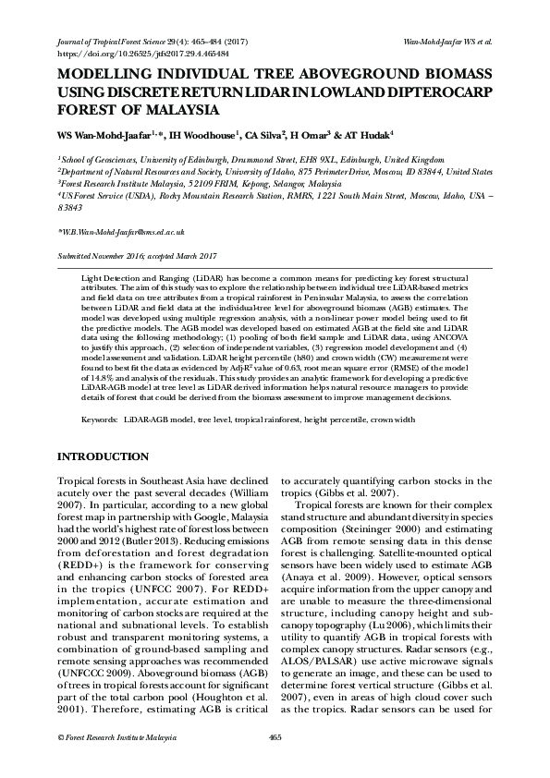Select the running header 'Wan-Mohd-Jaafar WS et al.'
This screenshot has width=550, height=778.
[448, 43]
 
